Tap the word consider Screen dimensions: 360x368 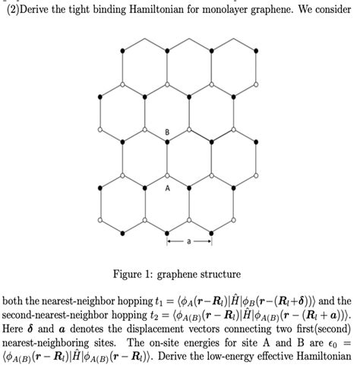pyautogui.click(x=328, y=10)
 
